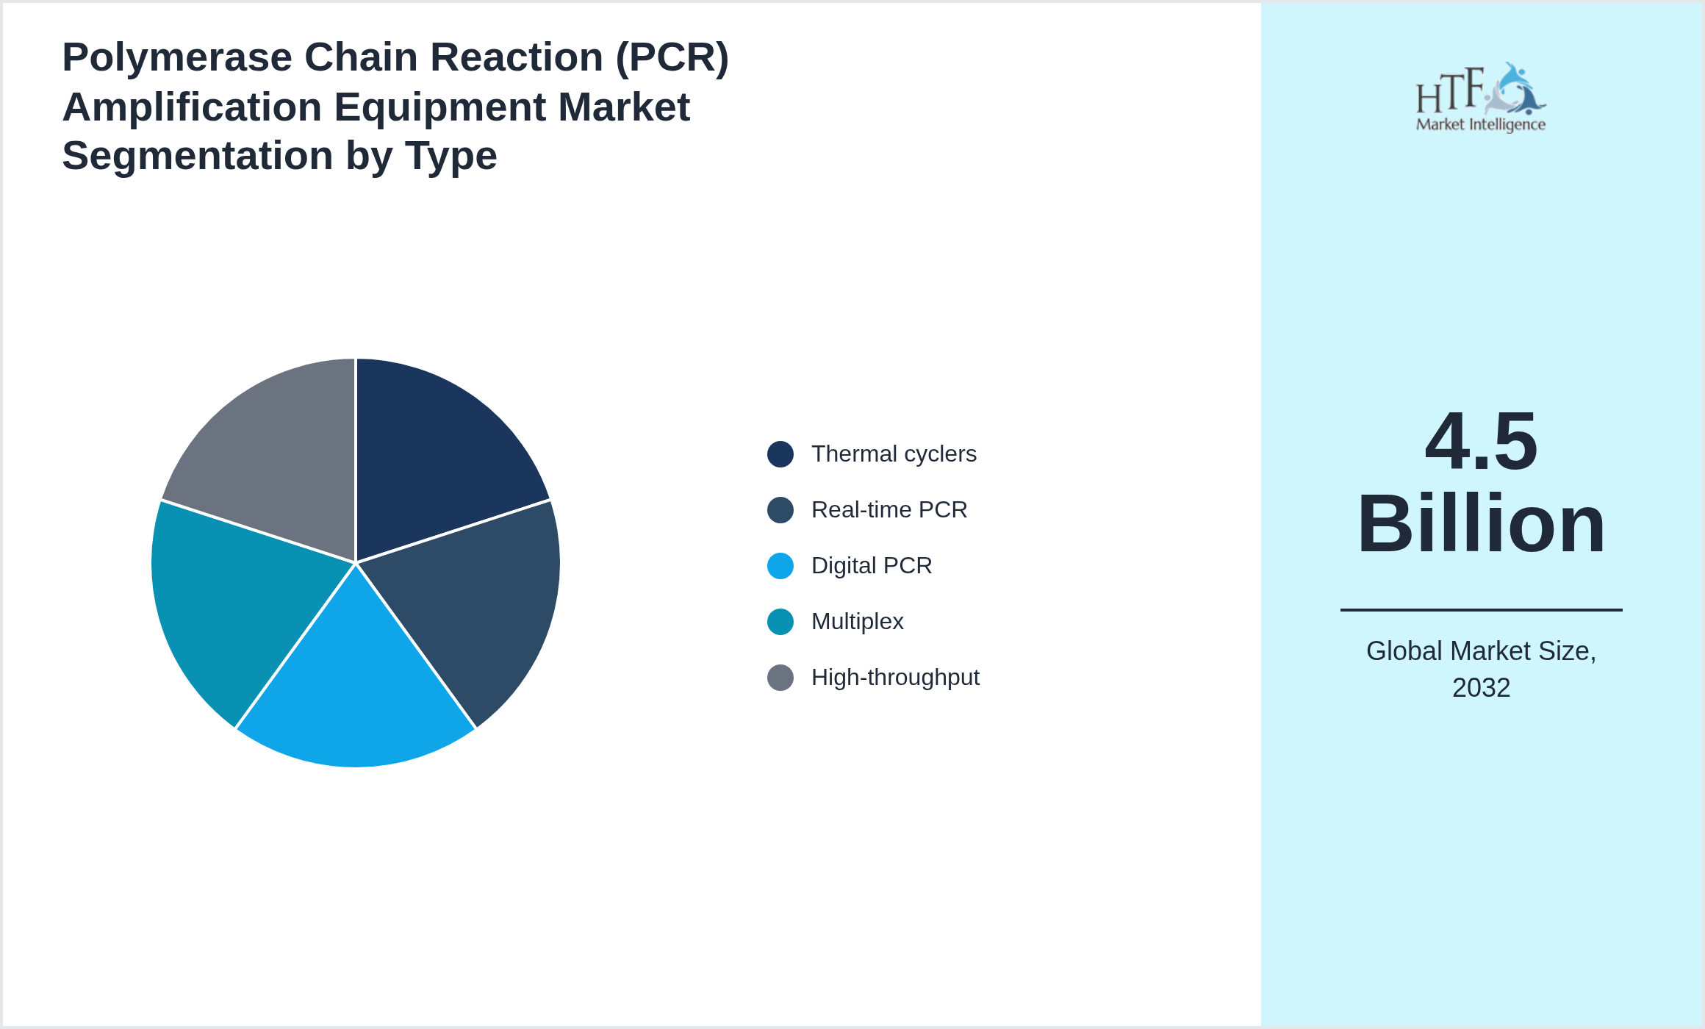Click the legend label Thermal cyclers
coord(894,454)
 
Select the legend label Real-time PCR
coord(889,510)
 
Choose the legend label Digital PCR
coord(872,566)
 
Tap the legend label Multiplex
coord(857,622)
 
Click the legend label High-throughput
coord(895,678)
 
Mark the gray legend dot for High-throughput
coord(780,678)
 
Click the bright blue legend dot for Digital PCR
coord(780,566)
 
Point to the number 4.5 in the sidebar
coord(1481,442)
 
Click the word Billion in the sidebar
coord(1481,525)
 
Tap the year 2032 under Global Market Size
coord(1481,688)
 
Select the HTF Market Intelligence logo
coord(1481,98)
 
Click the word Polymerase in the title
coord(177,57)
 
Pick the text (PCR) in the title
coord(672,57)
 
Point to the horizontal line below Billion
coord(1481,609)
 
